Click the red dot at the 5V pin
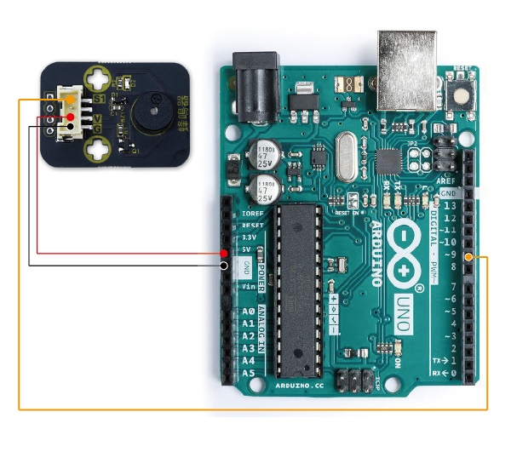click(224, 254)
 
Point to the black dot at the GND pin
click(224, 266)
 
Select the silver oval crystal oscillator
click(349, 152)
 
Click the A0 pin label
click(248, 312)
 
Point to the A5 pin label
click(248, 373)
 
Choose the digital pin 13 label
click(450, 206)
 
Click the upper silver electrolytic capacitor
click(261, 157)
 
